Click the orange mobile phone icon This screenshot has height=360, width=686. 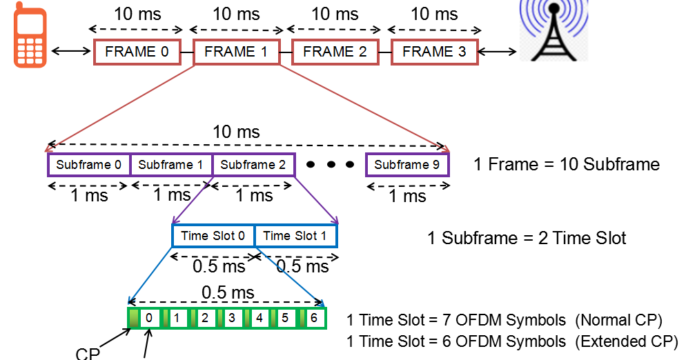point(30,38)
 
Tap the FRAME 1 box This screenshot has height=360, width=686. point(236,52)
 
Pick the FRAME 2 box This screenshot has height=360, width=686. point(335,52)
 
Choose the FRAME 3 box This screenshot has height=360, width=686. point(434,52)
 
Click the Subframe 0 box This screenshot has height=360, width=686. point(88,165)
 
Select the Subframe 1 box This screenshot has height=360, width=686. point(170,165)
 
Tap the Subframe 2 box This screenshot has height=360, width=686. point(253,165)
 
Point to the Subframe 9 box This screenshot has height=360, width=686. point(407,165)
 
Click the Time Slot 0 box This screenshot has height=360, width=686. point(213,236)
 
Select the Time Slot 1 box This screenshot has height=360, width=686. point(295,236)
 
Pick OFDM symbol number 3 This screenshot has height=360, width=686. point(231,319)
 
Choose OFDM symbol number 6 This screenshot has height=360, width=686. point(313,319)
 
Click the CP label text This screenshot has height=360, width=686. point(88,353)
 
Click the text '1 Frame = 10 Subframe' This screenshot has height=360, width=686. point(566,165)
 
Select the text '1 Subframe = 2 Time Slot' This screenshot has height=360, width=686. point(527,239)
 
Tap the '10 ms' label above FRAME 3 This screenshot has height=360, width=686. point(434,14)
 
